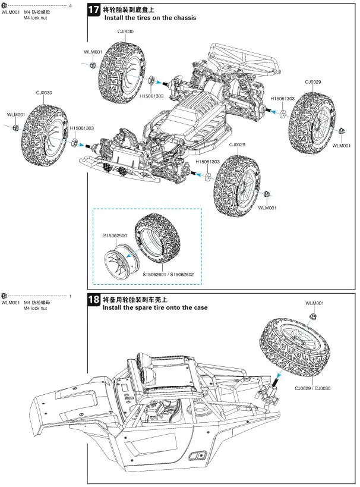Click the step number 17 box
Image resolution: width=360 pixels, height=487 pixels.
[94, 10]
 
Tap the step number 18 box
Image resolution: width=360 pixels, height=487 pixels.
[94, 300]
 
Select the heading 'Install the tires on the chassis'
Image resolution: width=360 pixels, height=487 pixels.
[150, 18]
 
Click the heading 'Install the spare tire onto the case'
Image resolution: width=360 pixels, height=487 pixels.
[155, 308]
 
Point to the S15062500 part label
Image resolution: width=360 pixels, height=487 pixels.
[115, 237]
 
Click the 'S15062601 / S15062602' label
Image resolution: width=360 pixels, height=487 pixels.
[172, 274]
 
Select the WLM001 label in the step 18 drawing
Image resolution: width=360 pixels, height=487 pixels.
[314, 304]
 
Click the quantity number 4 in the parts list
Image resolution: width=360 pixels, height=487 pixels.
[71, 5]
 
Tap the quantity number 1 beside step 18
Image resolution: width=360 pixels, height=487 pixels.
[71, 296]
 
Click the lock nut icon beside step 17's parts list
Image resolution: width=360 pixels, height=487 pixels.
[5, 5]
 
